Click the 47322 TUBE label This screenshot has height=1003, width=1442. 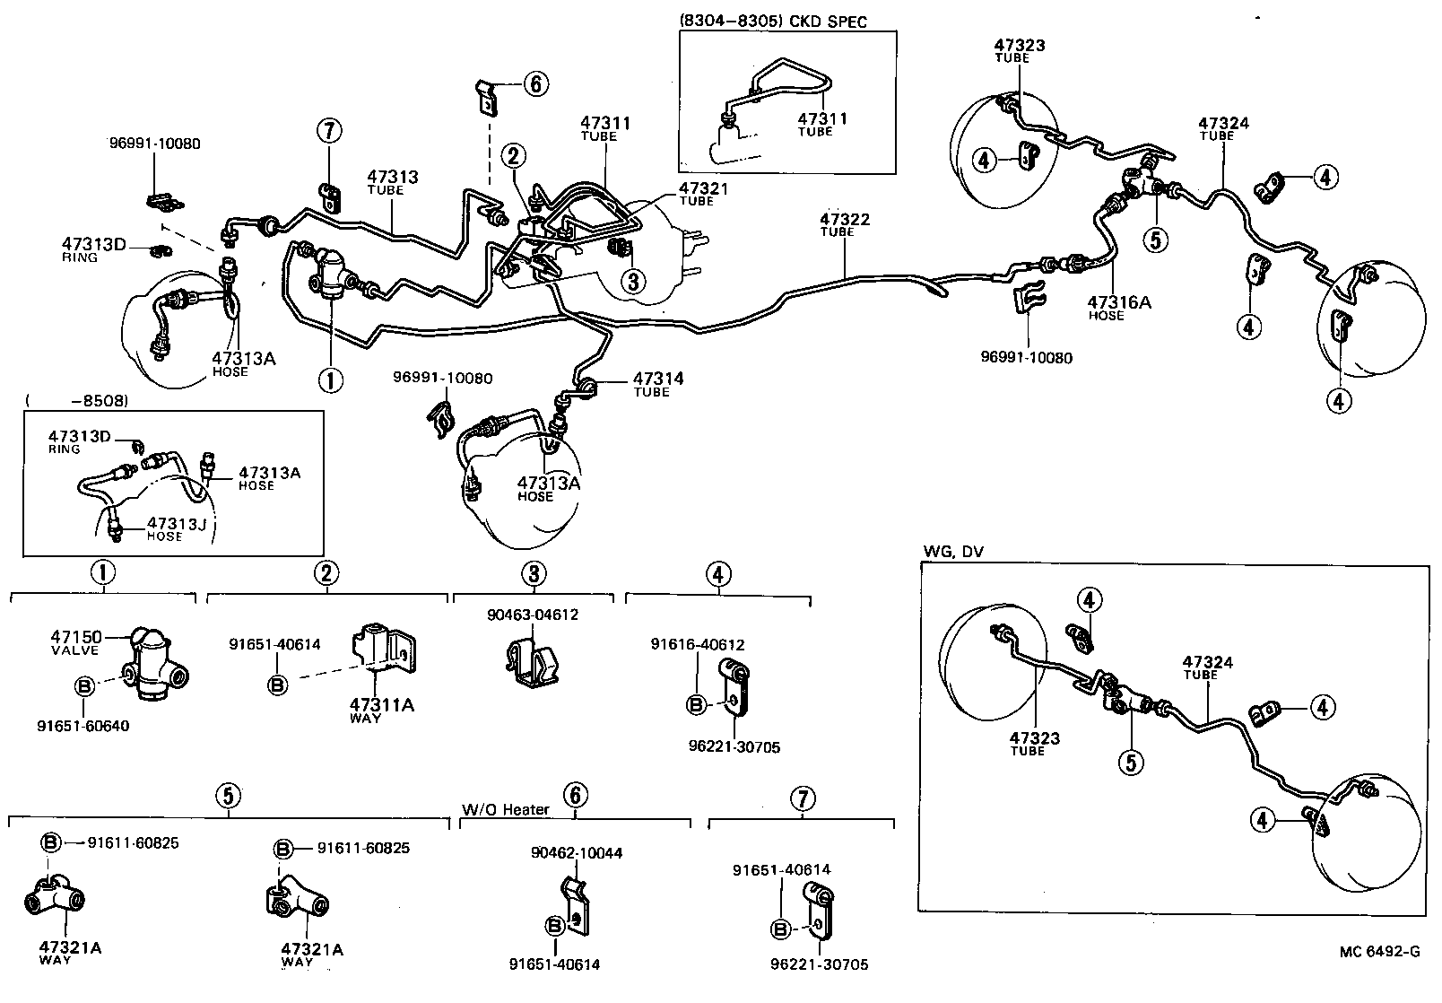[844, 224]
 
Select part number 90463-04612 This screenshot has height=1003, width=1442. [533, 615]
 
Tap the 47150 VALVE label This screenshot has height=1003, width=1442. [74, 642]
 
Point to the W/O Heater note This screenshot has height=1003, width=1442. [505, 809]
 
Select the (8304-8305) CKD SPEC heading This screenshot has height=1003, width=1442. [773, 22]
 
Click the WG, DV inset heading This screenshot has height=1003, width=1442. [952, 552]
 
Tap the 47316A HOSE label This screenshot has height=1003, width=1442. [1118, 308]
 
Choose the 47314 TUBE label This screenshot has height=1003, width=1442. [658, 384]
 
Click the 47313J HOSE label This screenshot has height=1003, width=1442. [177, 528]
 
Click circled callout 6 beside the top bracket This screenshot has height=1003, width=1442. [534, 84]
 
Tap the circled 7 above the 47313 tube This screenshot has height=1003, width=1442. [329, 131]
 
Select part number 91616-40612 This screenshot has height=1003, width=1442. [697, 644]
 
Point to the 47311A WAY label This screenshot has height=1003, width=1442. [381, 710]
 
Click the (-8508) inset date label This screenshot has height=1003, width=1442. [78, 400]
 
